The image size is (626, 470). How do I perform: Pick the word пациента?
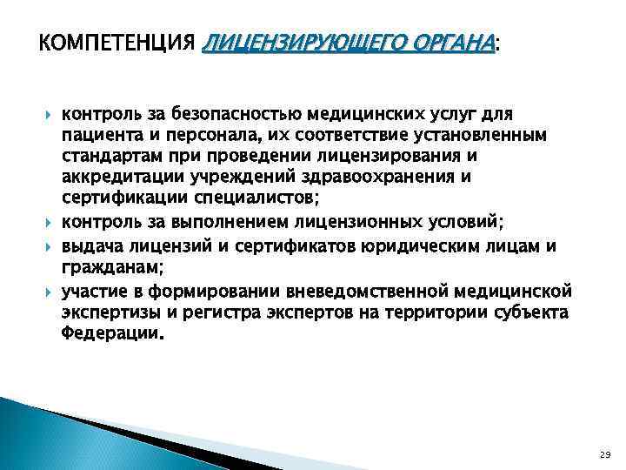tap(97, 137)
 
